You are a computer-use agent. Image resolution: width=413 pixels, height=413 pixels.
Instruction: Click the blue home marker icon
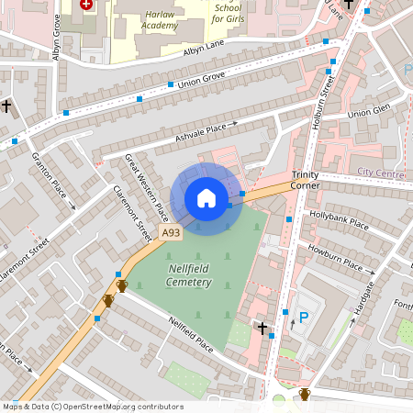click(206, 198)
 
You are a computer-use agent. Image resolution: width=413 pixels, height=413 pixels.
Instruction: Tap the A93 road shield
click(171, 234)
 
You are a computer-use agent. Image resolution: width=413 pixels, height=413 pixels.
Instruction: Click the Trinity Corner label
click(305, 179)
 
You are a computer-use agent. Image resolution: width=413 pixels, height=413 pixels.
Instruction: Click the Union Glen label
click(370, 112)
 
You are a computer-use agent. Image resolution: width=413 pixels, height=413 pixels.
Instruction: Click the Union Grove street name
click(201, 80)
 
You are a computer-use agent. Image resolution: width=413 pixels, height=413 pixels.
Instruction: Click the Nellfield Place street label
click(191, 334)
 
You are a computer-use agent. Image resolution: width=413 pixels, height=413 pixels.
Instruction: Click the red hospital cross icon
click(87, 4)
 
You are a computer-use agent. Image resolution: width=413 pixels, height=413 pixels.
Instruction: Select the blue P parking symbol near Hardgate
click(303, 317)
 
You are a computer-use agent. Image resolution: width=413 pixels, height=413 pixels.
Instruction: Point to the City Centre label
click(380, 173)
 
